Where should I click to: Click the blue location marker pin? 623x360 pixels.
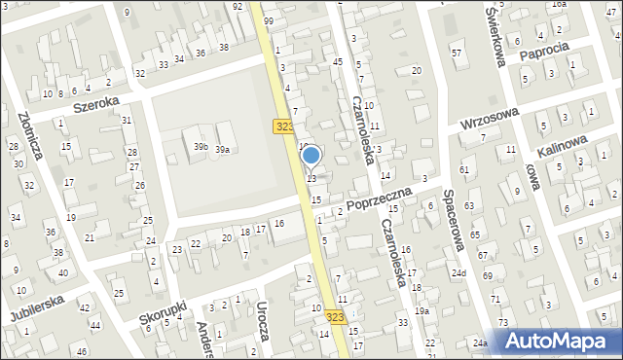pos(311,156)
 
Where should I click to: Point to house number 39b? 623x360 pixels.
pos(201,146)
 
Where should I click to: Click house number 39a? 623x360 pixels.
pos(223,150)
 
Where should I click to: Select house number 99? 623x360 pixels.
pos(268,21)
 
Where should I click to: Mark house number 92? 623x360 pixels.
pos(238,7)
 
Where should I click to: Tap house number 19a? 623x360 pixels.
pos(421,310)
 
